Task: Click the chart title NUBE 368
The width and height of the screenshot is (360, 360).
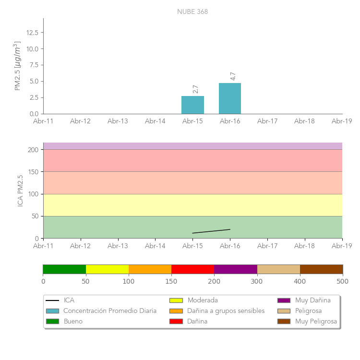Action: (192, 12)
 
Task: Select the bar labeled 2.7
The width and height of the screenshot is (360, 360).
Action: (192, 105)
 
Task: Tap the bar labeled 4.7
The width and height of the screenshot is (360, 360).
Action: (230, 98)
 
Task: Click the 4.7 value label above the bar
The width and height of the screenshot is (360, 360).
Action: (233, 76)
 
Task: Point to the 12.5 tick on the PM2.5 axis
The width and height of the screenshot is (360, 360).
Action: (33, 33)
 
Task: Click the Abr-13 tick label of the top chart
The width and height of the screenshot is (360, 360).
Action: (118, 121)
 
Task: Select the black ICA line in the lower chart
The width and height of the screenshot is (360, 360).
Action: (211, 231)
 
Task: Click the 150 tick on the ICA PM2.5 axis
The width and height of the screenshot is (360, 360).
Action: (33, 172)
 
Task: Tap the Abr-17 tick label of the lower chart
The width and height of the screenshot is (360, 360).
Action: (267, 246)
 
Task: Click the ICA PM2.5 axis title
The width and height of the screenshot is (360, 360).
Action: (20, 191)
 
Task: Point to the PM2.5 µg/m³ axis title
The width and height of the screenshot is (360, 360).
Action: (18, 66)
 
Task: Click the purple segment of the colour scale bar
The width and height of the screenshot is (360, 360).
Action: (236, 269)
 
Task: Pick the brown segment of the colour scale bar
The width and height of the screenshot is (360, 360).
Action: (321, 269)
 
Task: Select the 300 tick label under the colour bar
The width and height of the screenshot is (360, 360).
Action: (257, 281)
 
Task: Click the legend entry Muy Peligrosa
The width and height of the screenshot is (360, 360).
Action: (316, 321)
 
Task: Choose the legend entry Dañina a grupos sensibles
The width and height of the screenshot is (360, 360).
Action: (226, 311)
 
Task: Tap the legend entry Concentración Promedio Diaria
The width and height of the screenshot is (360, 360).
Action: (110, 311)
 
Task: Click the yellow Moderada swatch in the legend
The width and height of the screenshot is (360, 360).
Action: (176, 300)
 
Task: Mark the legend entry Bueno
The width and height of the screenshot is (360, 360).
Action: (73, 321)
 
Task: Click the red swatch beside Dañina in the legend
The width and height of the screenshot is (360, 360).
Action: (176, 321)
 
